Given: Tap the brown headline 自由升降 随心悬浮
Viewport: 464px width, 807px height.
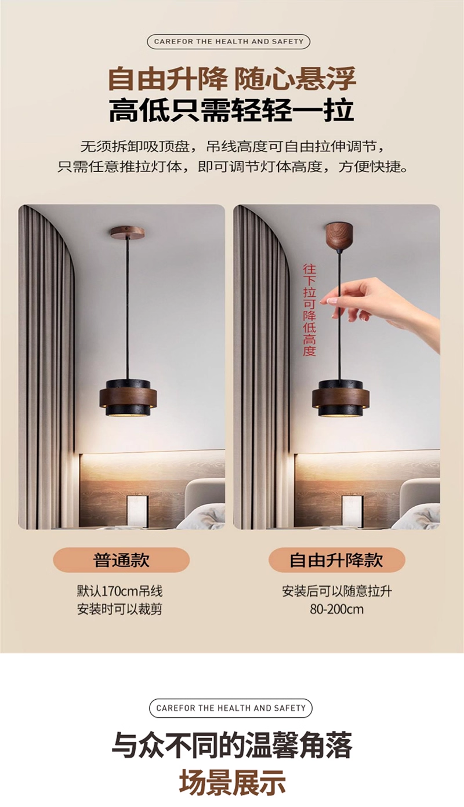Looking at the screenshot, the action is coord(232,79).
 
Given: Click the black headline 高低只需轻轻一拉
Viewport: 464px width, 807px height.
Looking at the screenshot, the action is coord(231,110).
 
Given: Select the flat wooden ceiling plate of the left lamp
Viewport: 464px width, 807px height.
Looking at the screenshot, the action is coord(127,232).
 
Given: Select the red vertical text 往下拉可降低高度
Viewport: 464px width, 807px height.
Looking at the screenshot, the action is coord(309,310).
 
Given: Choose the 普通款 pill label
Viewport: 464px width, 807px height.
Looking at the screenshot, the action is coord(121,560).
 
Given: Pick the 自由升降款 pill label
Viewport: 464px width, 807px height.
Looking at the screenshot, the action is coord(337,560).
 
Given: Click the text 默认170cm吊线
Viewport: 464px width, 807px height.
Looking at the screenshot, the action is coord(119,591).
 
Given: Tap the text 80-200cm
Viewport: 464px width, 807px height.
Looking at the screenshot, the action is coord(337,610).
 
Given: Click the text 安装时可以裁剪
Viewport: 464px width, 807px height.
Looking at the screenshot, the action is coord(119,609).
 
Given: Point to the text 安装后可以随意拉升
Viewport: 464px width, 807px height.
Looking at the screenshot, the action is coord(337,591).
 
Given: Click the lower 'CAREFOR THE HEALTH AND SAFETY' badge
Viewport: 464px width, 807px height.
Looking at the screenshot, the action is coord(231,708).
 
